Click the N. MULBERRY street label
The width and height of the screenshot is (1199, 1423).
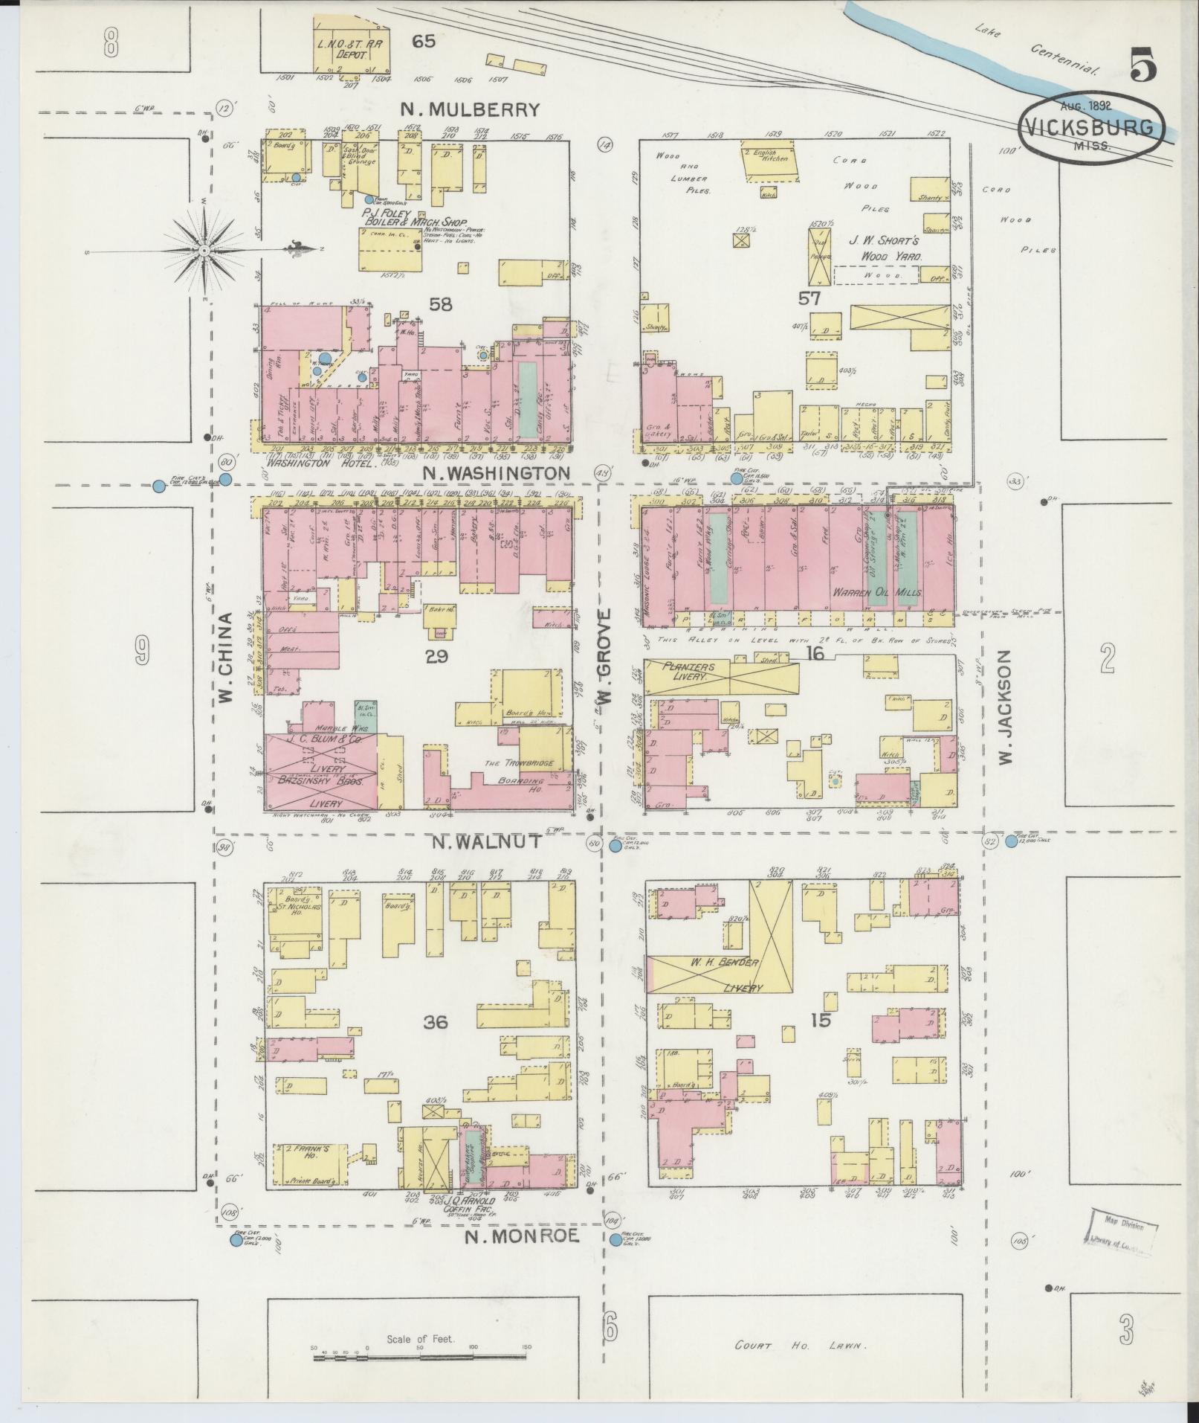469,109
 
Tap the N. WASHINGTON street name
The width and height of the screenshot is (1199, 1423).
497,473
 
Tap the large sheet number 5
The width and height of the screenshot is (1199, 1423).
1143,65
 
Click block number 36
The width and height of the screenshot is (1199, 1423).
436,1022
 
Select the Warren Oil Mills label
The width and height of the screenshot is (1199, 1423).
876,593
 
